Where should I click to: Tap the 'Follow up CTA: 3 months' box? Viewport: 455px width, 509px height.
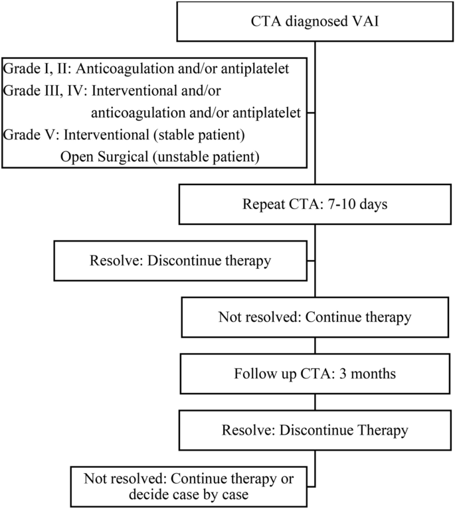click(x=316, y=373)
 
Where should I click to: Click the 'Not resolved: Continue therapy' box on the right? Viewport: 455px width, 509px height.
click(x=316, y=317)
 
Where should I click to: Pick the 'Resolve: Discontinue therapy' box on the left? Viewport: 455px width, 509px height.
click(x=181, y=260)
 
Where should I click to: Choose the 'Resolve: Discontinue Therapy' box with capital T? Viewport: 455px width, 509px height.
click(x=316, y=429)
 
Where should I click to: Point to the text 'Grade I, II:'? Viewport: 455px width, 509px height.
click(x=36, y=68)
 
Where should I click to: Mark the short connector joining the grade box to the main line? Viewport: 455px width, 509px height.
click(x=311, y=112)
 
